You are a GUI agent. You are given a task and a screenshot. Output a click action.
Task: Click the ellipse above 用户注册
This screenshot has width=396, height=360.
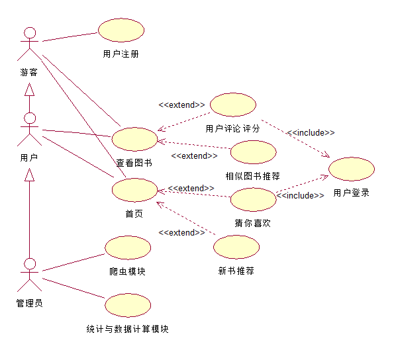(121, 30)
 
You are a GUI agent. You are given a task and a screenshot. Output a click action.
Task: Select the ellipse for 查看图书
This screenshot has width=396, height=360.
(134, 139)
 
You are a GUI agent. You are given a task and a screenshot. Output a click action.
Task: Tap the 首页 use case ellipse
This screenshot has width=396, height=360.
(134, 190)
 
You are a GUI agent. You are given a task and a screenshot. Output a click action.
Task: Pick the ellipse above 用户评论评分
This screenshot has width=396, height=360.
(233, 105)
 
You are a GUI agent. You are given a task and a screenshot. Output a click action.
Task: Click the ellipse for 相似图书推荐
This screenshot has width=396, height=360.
(254, 152)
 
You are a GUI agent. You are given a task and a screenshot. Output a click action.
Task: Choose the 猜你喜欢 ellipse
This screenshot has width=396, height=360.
(254, 199)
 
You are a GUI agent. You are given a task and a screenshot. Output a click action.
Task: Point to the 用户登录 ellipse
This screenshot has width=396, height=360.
(352, 169)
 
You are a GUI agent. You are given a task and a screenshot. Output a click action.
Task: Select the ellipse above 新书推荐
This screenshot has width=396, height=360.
(236, 247)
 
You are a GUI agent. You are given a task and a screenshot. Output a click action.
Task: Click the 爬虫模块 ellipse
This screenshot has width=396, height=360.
(128, 247)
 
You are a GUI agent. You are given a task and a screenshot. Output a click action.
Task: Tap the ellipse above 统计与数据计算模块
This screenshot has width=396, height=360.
(128, 305)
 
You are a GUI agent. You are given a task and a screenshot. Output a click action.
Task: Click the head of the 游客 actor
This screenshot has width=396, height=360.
(30, 33)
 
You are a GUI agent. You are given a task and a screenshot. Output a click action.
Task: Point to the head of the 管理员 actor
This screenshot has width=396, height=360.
(30, 264)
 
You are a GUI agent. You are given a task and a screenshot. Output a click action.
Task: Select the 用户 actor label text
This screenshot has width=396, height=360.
(29, 157)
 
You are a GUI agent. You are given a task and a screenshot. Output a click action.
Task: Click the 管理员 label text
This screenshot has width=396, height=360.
(29, 303)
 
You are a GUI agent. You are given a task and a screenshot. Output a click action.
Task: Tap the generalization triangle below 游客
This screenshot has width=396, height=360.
(30, 89)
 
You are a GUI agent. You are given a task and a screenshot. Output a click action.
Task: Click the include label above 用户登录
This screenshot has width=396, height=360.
(311, 132)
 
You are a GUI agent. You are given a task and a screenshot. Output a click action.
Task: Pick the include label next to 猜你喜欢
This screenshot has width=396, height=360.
(300, 195)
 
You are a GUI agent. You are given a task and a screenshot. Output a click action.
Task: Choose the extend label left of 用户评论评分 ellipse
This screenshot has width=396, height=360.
(181, 105)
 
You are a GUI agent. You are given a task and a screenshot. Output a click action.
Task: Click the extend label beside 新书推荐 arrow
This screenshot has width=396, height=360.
(181, 232)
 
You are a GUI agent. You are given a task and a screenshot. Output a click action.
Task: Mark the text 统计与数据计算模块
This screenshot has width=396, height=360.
(128, 329)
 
